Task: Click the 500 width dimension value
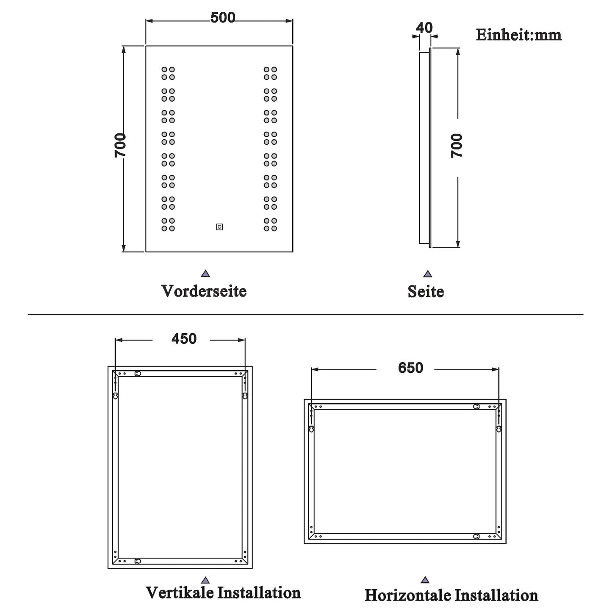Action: pyautogui.click(x=223, y=18)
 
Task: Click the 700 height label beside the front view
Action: pyautogui.click(x=120, y=145)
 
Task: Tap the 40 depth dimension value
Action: pyautogui.click(x=424, y=28)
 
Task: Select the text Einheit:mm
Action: pyautogui.click(x=519, y=35)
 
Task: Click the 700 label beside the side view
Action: pyautogui.click(x=457, y=145)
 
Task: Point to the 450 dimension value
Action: pyautogui.click(x=184, y=339)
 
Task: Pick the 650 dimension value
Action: pyautogui.click(x=411, y=368)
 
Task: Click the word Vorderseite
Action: pyautogui.click(x=204, y=291)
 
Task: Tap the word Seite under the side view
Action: pyautogui.click(x=426, y=291)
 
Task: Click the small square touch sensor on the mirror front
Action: pyautogui.click(x=219, y=227)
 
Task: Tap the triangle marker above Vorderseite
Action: pyautogui.click(x=205, y=274)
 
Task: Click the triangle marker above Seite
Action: pyautogui.click(x=427, y=274)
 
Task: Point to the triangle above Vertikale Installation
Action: pyautogui.click(x=205, y=580)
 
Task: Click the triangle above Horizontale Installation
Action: pyautogui.click(x=425, y=580)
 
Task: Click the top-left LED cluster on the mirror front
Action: pyautogui.click(x=168, y=73)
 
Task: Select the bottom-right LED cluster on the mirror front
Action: pyautogui.click(x=270, y=224)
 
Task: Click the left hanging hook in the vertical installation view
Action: pyautogui.click(x=115, y=396)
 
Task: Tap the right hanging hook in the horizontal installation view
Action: pyautogui.click(x=499, y=429)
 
